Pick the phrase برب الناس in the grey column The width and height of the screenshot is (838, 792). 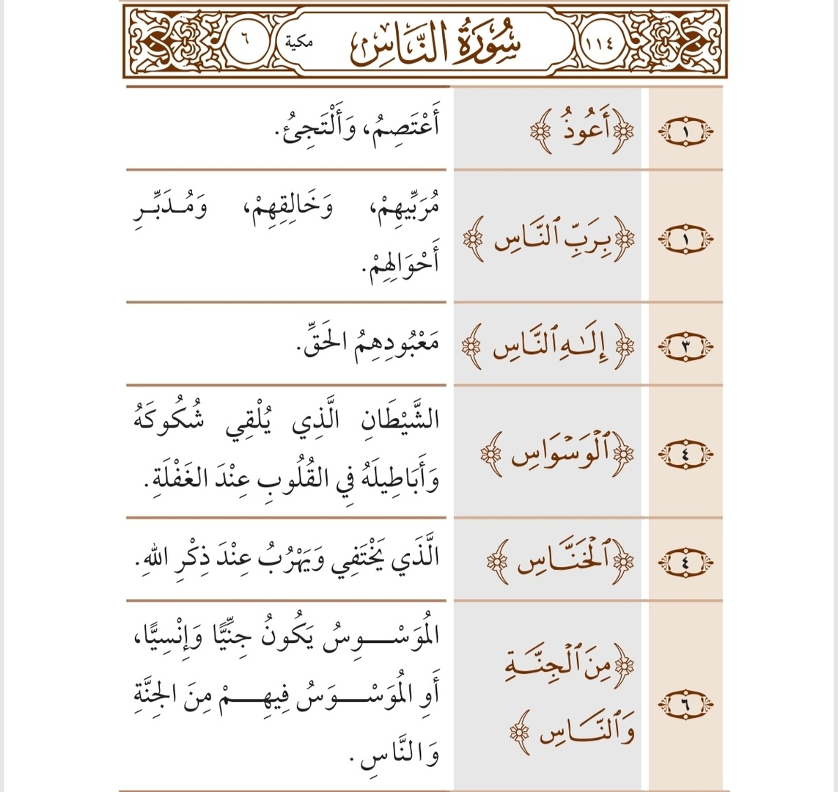[x=548, y=239]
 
